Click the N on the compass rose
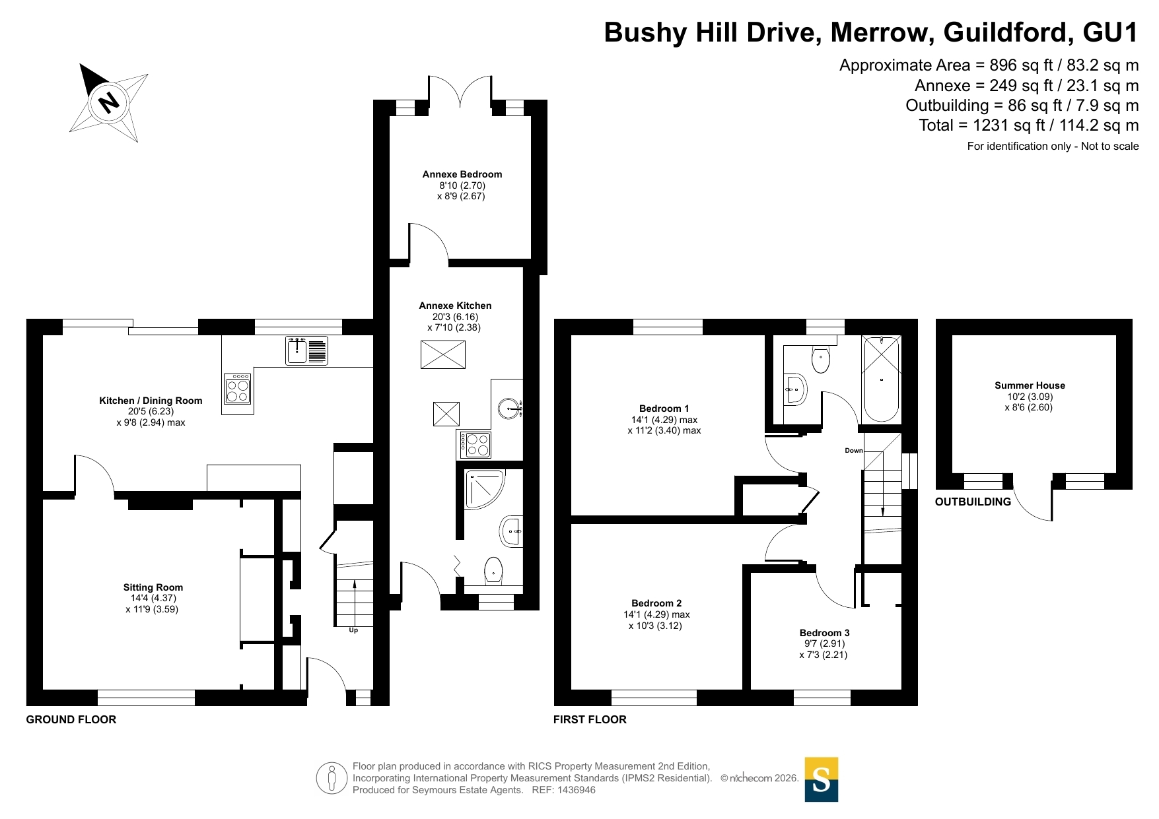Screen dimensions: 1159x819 pyautogui.click(x=108, y=102)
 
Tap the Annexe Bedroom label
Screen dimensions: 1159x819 pyautogui.click(x=462, y=174)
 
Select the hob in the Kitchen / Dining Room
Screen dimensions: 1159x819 pyautogui.click(x=238, y=388)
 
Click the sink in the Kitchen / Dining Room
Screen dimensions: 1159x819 pyautogui.click(x=306, y=350)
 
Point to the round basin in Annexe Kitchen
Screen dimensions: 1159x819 pyautogui.click(x=510, y=409)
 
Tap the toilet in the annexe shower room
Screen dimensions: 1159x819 pyautogui.click(x=494, y=571)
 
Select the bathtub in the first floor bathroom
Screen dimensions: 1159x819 pyautogui.click(x=881, y=379)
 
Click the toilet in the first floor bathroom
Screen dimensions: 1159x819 pyautogui.click(x=820, y=359)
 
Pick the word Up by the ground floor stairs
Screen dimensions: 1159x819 pyautogui.click(x=353, y=630)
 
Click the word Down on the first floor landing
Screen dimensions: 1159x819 pyautogui.click(x=854, y=451)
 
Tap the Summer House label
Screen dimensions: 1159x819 pyautogui.click(x=1030, y=385)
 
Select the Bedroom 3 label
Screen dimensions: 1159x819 pyautogui.click(x=824, y=633)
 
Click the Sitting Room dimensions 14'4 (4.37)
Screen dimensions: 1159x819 pyautogui.click(x=153, y=598)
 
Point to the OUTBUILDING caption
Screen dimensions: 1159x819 pyautogui.click(x=973, y=502)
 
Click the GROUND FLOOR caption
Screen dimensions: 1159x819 pyautogui.click(x=71, y=719)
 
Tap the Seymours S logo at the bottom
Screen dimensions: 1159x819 pyautogui.click(x=822, y=779)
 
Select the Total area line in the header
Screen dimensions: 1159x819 pyautogui.click(x=1029, y=125)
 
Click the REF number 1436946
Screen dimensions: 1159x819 pyautogui.click(x=577, y=790)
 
